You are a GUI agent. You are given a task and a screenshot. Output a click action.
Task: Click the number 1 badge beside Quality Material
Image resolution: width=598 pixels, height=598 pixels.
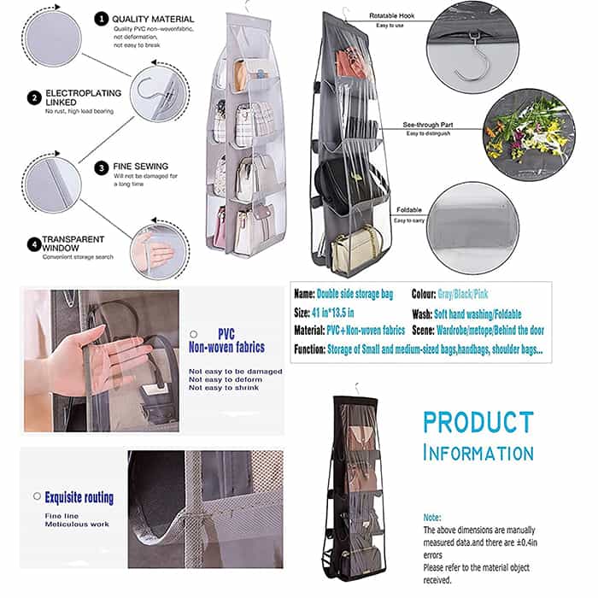point(101,19)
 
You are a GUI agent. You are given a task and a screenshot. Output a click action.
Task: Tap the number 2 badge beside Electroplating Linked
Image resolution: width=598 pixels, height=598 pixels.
point(34,97)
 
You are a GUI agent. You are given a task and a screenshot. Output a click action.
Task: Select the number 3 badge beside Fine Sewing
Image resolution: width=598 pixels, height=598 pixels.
point(101,167)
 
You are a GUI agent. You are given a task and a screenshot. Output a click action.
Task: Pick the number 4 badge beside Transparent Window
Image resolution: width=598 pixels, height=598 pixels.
point(34,244)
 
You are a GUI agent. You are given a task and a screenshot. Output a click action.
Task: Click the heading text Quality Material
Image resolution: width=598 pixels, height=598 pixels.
point(153,19)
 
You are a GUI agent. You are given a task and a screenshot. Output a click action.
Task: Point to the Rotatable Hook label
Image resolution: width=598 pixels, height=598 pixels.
point(391,15)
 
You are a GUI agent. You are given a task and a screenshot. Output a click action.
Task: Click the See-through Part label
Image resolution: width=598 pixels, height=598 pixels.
point(428,125)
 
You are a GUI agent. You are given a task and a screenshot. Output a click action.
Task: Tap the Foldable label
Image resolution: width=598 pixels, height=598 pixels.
point(409,210)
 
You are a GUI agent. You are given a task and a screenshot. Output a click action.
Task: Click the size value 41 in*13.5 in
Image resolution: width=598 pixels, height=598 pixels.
point(333,314)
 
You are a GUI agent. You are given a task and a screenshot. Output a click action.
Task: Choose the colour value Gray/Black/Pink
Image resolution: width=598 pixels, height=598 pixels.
point(463,294)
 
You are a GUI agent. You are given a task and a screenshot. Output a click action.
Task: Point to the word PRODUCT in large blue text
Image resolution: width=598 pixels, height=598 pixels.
point(478,422)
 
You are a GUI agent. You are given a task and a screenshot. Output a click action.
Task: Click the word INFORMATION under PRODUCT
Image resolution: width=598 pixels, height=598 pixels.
point(478,453)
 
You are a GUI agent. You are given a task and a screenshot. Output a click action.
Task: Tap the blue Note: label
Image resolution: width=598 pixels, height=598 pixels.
point(432,518)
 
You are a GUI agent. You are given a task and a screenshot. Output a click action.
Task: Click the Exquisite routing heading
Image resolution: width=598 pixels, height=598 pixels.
point(79,498)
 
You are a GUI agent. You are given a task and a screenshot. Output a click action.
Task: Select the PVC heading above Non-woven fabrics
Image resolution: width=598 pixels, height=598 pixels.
point(226,334)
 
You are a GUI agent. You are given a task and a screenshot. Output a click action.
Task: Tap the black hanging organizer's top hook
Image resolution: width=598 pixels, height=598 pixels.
point(356,389)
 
